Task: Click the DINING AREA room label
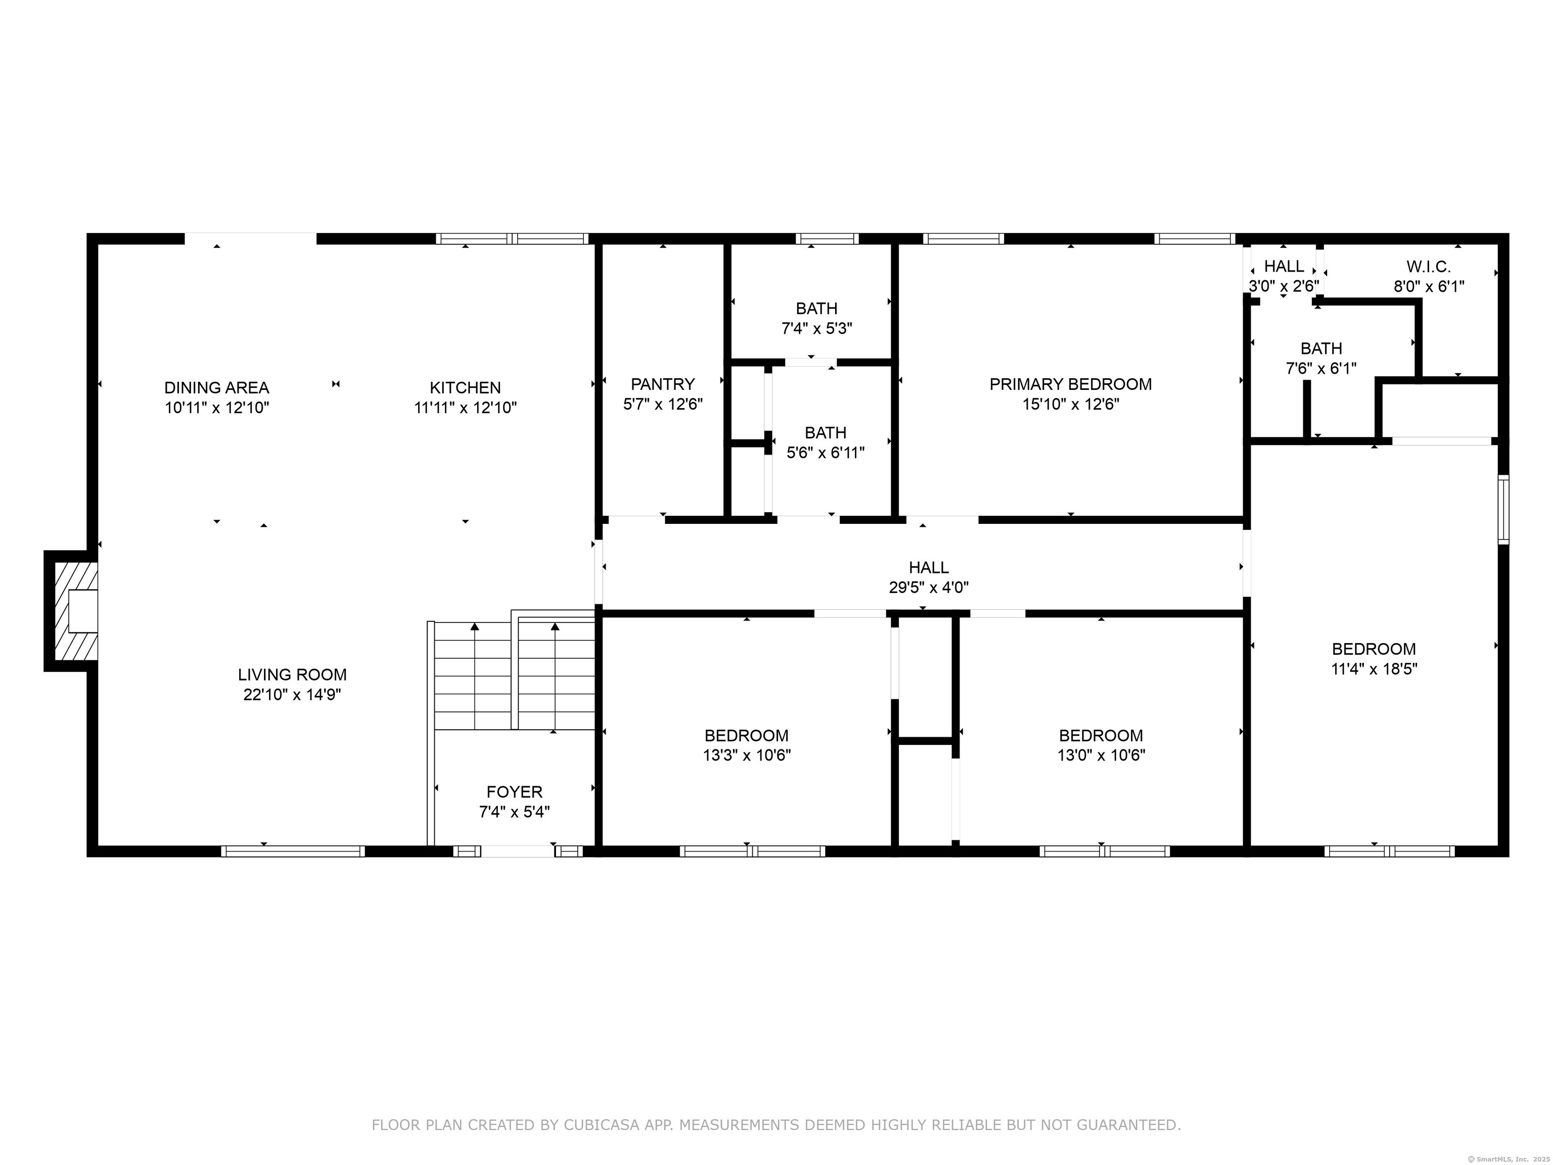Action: pyautogui.click(x=216, y=388)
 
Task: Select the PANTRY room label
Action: pyautogui.click(x=663, y=384)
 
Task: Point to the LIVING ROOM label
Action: pyautogui.click(x=292, y=675)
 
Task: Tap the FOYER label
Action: pyautogui.click(x=515, y=792)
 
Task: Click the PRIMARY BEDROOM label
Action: pyautogui.click(x=1071, y=384)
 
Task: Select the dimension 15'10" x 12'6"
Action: pyautogui.click(x=1071, y=405)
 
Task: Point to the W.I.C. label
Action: pyautogui.click(x=1429, y=267)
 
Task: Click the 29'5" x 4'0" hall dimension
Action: pyautogui.click(x=929, y=588)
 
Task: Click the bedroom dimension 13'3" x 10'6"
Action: pyautogui.click(x=747, y=755)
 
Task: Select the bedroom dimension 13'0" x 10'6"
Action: pyautogui.click(x=1101, y=755)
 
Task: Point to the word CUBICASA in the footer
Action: pyautogui.click(x=601, y=1125)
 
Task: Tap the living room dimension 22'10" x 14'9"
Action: pyautogui.click(x=292, y=695)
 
